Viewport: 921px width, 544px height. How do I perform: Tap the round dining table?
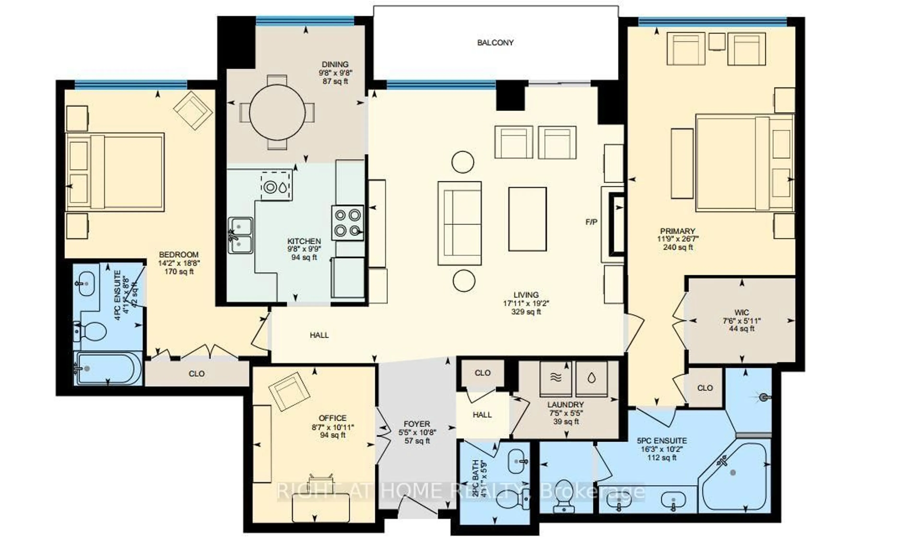(277, 112)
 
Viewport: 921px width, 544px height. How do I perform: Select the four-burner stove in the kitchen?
(347, 222)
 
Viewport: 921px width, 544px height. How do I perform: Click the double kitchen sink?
(240, 235)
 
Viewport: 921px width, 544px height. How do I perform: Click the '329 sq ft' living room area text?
(526, 312)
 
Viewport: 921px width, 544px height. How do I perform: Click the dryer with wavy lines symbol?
(556, 378)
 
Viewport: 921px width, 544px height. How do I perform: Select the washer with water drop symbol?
(591, 378)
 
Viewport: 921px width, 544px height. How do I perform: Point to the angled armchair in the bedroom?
(193, 110)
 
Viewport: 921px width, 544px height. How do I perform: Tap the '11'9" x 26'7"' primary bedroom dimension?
(678, 239)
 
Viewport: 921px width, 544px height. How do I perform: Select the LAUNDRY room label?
(565, 405)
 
